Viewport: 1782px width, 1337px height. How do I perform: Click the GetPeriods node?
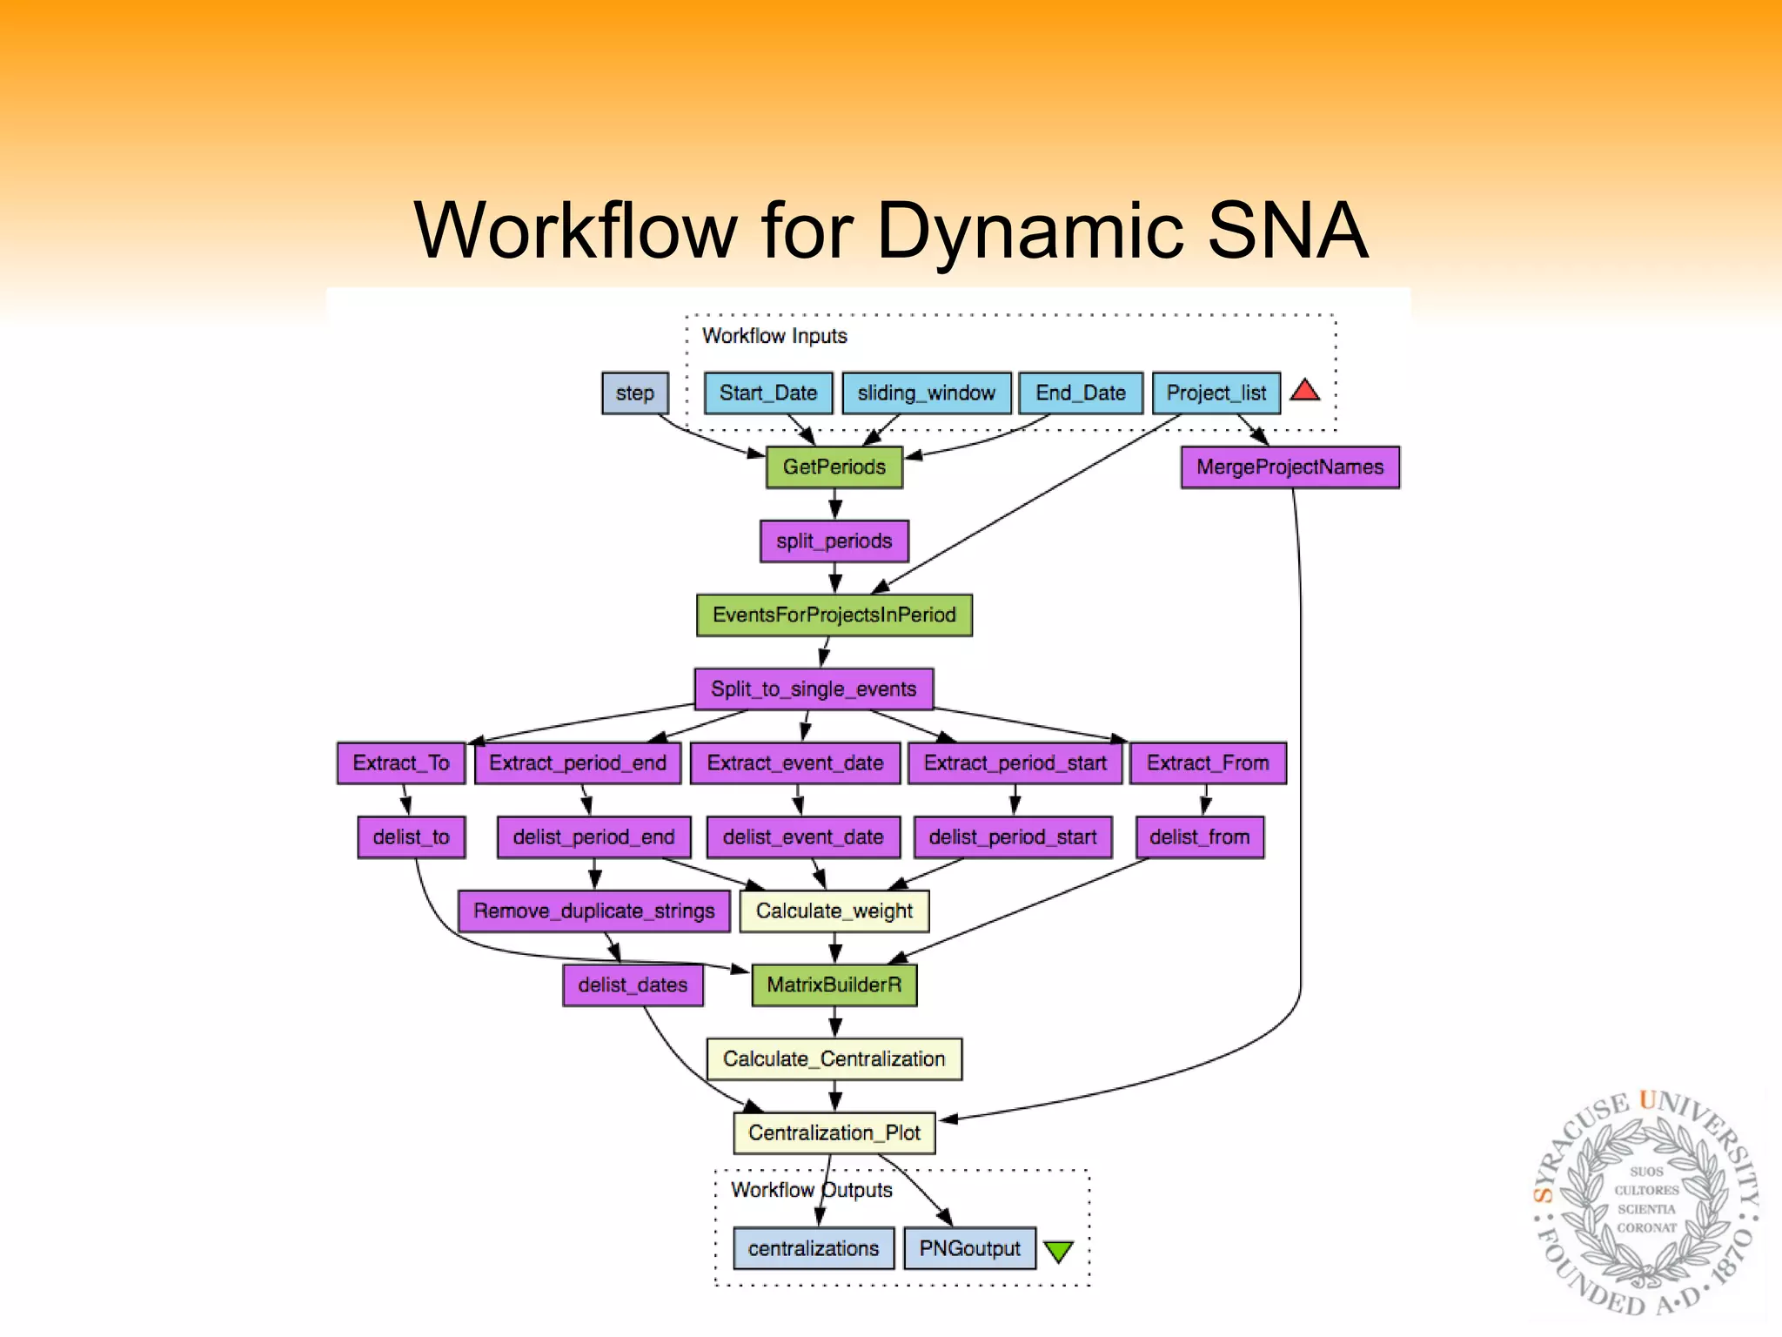coord(834,467)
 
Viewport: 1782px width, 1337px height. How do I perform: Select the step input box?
coord(635,393)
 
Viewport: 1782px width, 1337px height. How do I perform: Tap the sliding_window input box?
coord(926,393)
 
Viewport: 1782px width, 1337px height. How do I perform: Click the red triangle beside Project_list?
coord(1304,391)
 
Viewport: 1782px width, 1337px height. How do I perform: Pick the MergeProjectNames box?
coord(1290,467)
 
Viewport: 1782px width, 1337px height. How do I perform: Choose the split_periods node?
coord(834,541)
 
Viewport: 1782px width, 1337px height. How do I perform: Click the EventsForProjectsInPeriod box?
coord(834,615)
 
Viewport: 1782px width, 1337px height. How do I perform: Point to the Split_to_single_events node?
coord(814,689)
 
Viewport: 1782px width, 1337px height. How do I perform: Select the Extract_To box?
coord(401,763)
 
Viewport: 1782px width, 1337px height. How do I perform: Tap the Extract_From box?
coord(1208,763)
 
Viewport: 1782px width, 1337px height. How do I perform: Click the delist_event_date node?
coord(803,837)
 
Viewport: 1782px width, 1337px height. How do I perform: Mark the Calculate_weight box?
coord(834,911)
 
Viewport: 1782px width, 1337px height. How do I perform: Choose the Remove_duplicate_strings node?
coord(593,911)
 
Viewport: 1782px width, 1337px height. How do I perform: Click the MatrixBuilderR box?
coord(834,985)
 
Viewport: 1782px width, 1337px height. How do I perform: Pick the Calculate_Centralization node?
coord(834,1059)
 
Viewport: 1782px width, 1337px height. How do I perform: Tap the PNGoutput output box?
coord(969,1249)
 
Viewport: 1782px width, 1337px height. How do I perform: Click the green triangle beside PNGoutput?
coord(1059,1251)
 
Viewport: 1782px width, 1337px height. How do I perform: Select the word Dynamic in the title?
coord(1030,231)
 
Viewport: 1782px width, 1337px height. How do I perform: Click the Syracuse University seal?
coord(1646,1206)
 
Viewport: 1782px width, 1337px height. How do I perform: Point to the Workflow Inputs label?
coord(774,336)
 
